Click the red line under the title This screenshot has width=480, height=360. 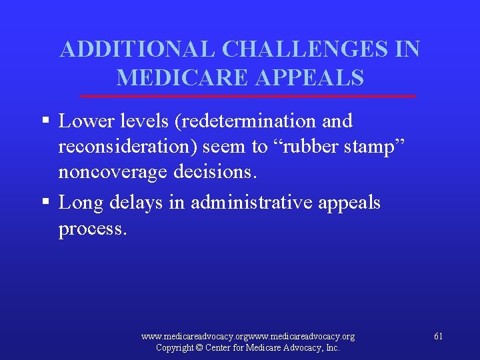click(247, 97)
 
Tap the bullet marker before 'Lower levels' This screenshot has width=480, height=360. click(45, 121)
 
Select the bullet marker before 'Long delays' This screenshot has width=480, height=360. click(45, 203)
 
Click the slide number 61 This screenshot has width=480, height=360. click(438, 336)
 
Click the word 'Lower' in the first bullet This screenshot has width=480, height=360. click(83, 121)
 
